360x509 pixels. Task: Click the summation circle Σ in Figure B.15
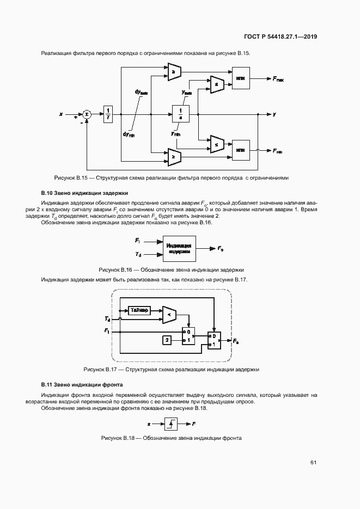(x=87, y=114)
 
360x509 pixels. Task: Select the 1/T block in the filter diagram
(x=108, y=114)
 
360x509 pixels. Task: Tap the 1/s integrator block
(x=180, y=114)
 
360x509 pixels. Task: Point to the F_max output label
(x=278, y=79)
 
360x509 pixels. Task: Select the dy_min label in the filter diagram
(x=129, y=134)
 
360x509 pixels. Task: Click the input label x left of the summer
(x=61, y=114)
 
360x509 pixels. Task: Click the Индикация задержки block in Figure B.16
(x=179, y=248)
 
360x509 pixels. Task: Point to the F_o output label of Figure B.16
(x=220, y=248)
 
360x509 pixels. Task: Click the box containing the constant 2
(x=168, y=340)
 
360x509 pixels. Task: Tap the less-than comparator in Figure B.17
(x=170, y=315)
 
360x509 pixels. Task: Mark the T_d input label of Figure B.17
(x=107, y=318)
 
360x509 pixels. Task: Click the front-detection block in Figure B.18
(x=170, y=422)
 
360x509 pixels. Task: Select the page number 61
(x=314, y=462)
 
